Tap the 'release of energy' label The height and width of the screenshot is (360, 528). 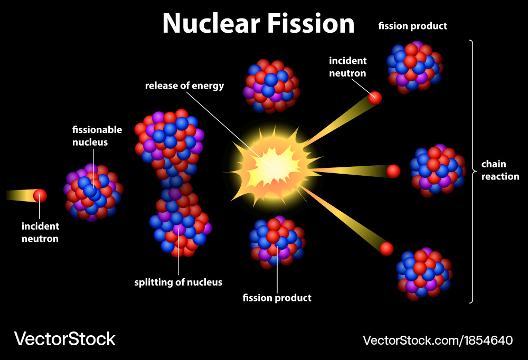click(185, 86)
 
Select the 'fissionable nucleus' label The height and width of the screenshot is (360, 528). click(97, 136)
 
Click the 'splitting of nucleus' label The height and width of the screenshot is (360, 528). click(178, 282)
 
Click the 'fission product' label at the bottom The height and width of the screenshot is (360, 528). click(277, 298)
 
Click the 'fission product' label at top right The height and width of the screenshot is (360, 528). click(412, 26)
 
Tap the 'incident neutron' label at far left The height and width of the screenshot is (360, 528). click(40, 232)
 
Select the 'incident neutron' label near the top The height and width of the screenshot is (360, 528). click(347, 67)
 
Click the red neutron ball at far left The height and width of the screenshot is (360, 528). click(40, 196)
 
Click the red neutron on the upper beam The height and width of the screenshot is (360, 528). click(375, 98)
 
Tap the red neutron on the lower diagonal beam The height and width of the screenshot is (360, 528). click(386, 248)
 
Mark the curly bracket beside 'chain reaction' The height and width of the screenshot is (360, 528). click(472, 171)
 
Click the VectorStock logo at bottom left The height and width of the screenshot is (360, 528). click(64, 339)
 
